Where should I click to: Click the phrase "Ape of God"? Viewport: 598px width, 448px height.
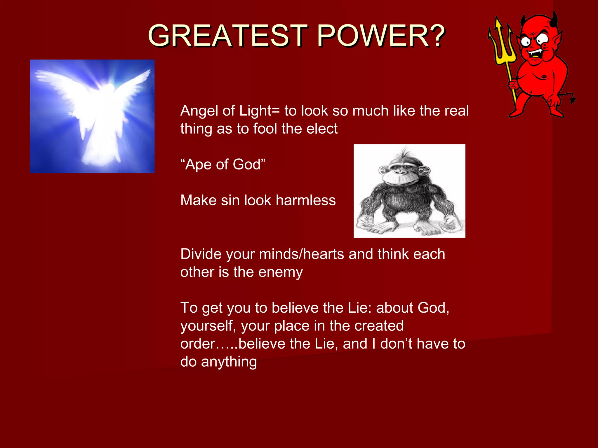tap(223, 164)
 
